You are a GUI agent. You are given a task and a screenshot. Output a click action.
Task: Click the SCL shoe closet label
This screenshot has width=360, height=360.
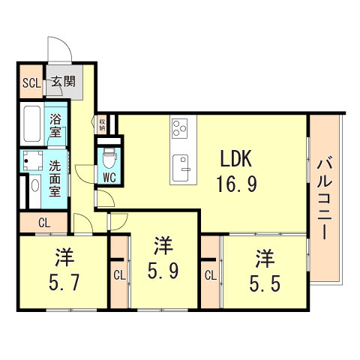30,82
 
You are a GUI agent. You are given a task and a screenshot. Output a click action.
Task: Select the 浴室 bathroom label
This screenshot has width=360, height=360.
56,124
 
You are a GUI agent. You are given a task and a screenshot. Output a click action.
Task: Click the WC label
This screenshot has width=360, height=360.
108,178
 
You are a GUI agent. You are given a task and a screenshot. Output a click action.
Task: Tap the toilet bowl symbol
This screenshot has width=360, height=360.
109,158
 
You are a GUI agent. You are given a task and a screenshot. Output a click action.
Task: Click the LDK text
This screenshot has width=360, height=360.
238,159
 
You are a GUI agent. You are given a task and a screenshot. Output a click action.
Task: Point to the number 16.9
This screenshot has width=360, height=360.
238,183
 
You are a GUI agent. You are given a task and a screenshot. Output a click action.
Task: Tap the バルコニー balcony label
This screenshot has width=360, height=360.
325,196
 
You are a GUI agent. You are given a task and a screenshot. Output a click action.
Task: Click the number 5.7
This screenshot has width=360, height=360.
63,272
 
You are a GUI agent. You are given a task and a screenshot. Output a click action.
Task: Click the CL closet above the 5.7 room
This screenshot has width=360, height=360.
44,222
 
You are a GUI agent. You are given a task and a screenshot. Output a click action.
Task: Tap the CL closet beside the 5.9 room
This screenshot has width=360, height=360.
119,274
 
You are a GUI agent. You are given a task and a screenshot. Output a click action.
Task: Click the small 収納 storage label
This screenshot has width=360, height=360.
102,124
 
